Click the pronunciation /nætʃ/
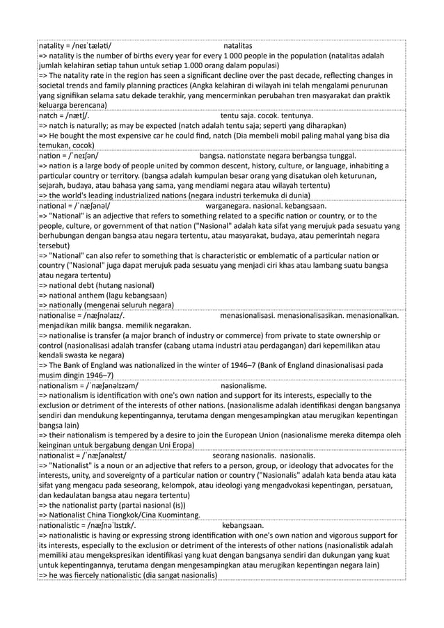[x=77, y=115]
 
